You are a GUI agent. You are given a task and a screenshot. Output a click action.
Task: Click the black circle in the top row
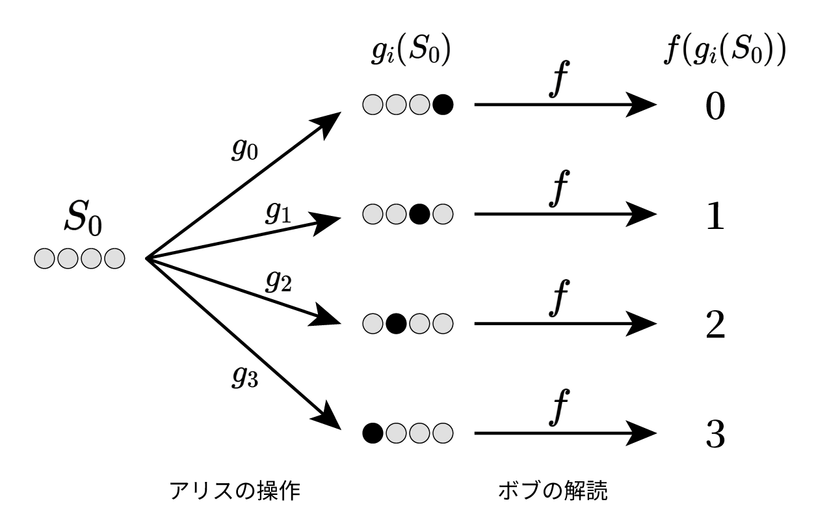443,104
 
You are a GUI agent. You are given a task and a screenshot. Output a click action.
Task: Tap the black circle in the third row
396,323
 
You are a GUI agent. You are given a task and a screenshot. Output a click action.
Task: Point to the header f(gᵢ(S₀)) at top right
717,50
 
